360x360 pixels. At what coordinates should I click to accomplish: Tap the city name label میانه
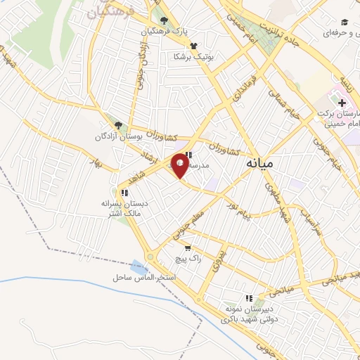pyautogui.click(x=261, y=163)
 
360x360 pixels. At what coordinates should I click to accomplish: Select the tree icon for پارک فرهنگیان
pyautogui.click(x=164, y=21)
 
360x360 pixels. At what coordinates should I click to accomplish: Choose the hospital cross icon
pyautogui.click(x=342, y=103)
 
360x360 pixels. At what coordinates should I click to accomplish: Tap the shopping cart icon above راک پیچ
pyautogui.click(x=188, y=247)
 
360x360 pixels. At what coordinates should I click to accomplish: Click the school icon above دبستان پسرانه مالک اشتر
pyautogui.click(x=124, y=192)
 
